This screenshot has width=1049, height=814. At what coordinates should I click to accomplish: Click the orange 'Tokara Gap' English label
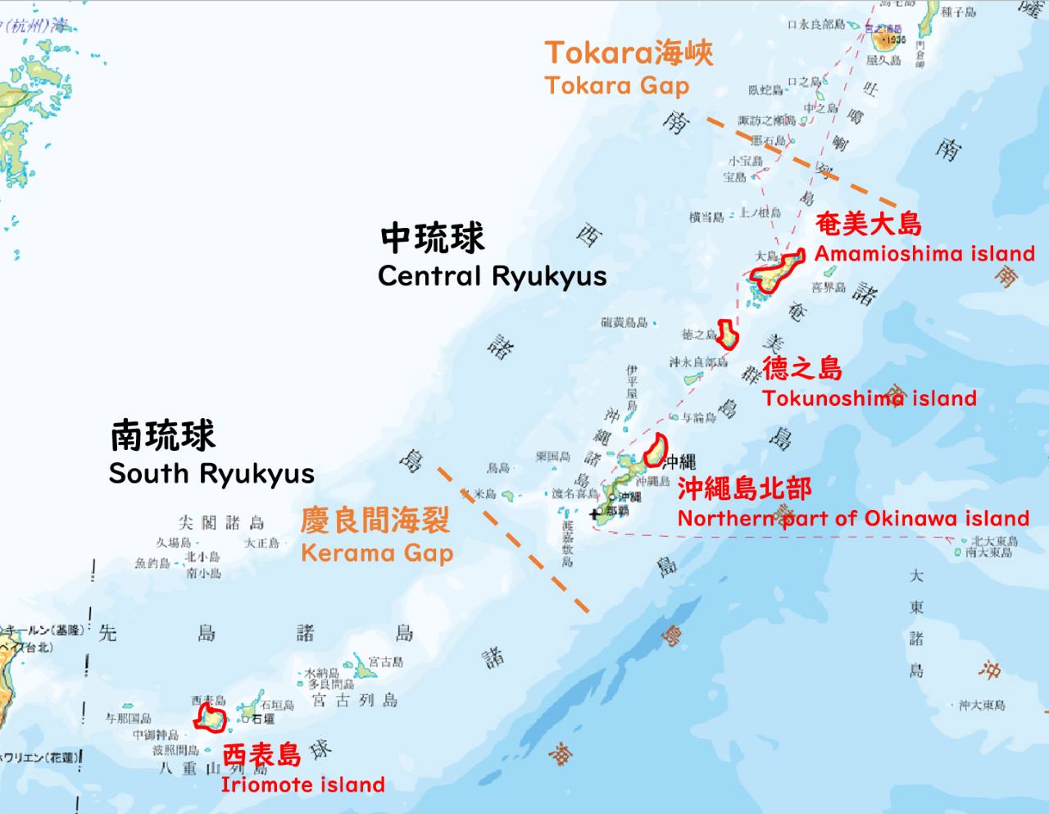616,85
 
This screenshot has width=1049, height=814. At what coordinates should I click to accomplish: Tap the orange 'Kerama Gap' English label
376,553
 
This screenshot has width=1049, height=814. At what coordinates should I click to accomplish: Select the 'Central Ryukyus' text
492,276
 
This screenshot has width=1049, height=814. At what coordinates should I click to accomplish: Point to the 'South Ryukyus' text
211,474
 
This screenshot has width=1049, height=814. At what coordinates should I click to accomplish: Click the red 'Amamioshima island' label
924,254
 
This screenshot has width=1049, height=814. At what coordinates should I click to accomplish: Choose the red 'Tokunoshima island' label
869,399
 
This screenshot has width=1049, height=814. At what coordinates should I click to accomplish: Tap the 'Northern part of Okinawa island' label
852,519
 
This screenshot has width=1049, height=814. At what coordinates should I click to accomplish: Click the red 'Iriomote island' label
302,785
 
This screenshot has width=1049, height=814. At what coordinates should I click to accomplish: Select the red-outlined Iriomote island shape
211,717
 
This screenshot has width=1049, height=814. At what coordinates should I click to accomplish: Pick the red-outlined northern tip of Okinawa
655,450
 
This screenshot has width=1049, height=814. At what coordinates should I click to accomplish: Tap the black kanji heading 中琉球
433,239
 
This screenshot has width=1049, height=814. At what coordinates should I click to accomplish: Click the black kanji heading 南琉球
162,436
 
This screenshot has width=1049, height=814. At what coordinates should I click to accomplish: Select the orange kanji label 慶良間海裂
375,521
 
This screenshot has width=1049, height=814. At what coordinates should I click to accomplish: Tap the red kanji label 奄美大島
868,224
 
